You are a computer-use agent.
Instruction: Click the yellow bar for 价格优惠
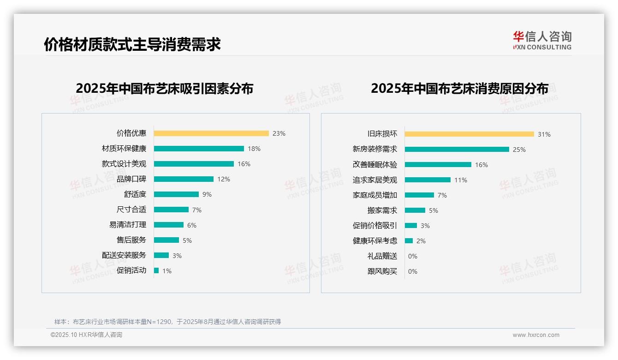(x=211, y=133)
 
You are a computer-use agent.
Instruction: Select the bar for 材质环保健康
(x=199, y=149)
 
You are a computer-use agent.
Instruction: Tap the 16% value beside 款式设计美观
(x=244, y=164)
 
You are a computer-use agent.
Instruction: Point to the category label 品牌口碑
(x=131, y=179)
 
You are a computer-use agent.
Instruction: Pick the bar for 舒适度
(x=176, y=194)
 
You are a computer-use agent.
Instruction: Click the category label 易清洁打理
(x=128, y=225)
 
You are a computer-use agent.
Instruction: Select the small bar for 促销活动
(x=156, y=270)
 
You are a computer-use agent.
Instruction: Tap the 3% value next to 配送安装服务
(x=177, y=256)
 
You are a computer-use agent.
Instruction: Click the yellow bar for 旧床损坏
(x=469, y=134)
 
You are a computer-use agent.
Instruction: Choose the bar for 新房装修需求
(x=457, y=150)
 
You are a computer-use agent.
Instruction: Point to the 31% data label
(x=544, y=134)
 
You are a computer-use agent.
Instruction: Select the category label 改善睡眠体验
(x=375, y=165)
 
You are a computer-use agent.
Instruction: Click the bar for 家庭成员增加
(x=420, y=195)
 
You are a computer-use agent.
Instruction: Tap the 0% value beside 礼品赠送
(x=413, y=256)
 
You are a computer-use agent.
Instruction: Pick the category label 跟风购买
(x=382, y=271)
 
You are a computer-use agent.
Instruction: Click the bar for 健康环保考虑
(x=409, y=241)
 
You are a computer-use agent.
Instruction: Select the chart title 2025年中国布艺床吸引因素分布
(x=165, y=89)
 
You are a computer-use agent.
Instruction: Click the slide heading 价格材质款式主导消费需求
(x=132, y=45)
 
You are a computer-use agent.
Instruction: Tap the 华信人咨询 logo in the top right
(x=542, y=40)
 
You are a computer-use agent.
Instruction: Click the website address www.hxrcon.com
(x=536, y=335)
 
